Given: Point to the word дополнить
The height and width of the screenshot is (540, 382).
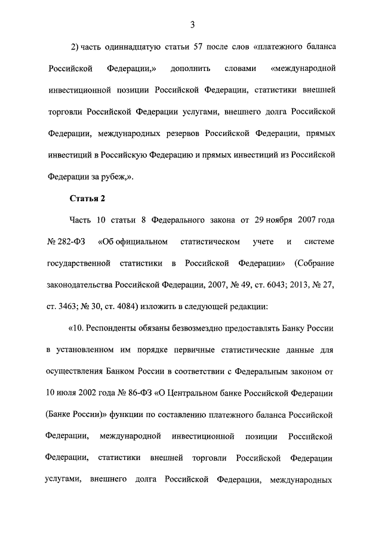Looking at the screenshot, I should click(190, 68).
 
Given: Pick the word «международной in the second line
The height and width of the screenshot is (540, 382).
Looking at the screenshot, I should click(303, 68).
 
